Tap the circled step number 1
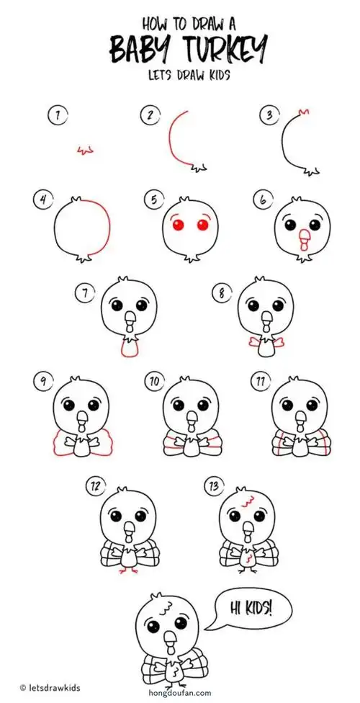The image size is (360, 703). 53,115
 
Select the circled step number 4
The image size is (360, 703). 42,200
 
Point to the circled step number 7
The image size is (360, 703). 85,292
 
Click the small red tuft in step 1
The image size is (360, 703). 86,150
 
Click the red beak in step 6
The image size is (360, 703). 303,238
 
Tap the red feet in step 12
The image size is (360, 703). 130,570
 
